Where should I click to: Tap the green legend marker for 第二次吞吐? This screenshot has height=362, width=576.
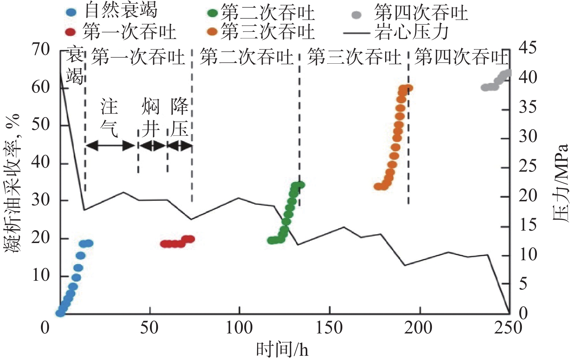click(212, 13)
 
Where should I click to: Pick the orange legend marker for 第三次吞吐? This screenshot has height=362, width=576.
click(212, 32)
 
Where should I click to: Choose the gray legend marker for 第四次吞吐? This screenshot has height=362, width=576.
click(356, 15)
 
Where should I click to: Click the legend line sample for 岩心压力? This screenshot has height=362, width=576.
click(356, 33)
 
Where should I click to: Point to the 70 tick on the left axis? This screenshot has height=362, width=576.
click(41, 49)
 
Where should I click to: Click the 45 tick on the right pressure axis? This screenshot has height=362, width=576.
click(528, 48)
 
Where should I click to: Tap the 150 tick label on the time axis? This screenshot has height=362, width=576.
click(329, 328)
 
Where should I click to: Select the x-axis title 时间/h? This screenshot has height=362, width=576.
click(282, 350)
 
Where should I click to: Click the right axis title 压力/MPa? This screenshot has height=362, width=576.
click(561, 183)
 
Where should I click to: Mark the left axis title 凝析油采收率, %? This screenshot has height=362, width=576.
click(12, 183)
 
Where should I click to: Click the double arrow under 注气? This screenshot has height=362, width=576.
click(111, 146)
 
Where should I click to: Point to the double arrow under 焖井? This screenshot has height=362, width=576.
click(153, 146)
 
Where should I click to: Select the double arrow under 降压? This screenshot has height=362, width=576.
click(180, 146)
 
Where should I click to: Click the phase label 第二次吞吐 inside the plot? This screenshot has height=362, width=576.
click(246, 58)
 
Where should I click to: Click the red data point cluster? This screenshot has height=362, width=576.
click(177, 242)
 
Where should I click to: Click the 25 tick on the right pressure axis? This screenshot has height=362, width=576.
click(528, 167)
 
